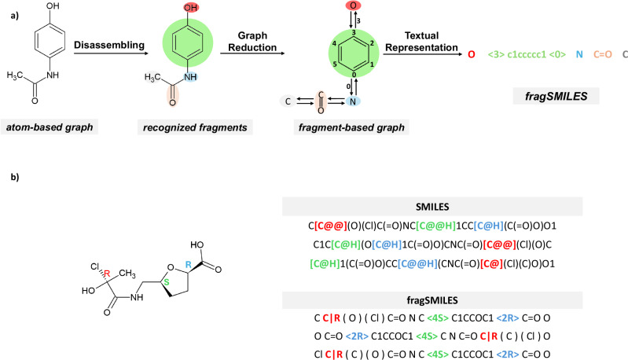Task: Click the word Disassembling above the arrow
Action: [x=109, y=45]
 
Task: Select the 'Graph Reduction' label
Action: [x=252, y=41]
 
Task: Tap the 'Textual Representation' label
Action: [x=421, y=41]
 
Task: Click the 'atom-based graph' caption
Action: [x=50, y=127]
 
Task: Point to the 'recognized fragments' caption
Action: [x=195, y=127]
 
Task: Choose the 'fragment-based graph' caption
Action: [x=351, y=127]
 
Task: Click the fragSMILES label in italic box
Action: [x=556, y=96]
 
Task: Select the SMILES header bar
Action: [x=432, y=207]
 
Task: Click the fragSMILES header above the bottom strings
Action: [x=432, y=300]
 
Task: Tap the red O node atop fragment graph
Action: [x=353, y=6]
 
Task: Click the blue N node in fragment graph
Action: [x=353, y=101]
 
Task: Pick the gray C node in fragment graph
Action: [x=288, y=101]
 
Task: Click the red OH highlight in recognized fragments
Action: [x=191, y=7]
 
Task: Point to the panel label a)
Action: [x=15, y=16]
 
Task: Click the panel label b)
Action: [x=15, y=177]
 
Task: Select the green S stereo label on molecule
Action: [x=167, y=282]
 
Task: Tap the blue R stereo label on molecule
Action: [x=188, y=265]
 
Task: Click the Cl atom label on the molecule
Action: [x=94, y=266]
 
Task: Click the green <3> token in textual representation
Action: [x=496, y=54]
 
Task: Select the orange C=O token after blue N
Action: [x=603, y=54]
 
